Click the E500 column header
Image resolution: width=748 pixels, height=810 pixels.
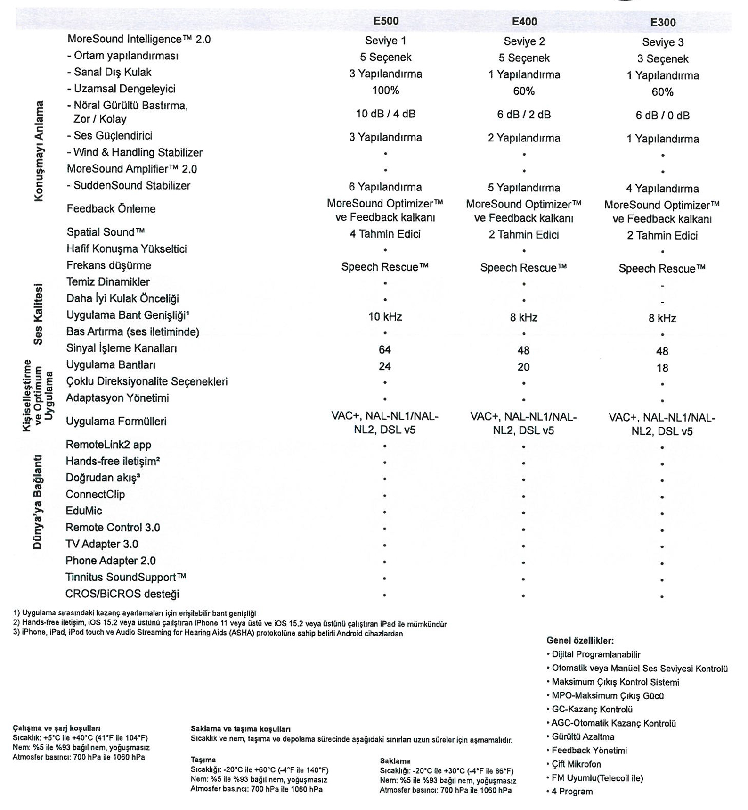coord(386,21)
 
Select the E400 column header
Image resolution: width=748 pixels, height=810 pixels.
coord(524,22)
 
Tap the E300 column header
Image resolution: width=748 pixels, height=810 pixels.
coord(663,23)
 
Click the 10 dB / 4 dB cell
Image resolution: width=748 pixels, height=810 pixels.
coord(385,114)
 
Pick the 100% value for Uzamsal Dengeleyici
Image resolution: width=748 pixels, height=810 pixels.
coord(385,90)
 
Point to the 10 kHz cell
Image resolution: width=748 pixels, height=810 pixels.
coord(385,316)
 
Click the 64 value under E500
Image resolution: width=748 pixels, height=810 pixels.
coord(385,349)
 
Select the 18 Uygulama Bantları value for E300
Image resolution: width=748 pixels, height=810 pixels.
coord(662,368)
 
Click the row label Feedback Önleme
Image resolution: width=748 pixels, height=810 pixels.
coord(111,208)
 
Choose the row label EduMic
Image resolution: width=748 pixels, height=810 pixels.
coord(84,511)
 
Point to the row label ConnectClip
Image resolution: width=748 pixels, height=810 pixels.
coord(95,494)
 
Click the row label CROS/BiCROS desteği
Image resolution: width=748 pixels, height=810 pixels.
coord(122,594)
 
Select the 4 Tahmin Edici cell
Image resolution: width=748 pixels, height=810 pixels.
coord(385,234)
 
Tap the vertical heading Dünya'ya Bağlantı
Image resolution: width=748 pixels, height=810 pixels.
coord(38,502)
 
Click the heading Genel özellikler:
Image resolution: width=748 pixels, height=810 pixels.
coord(580,640)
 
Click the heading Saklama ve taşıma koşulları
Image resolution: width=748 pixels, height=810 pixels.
coord(240,729)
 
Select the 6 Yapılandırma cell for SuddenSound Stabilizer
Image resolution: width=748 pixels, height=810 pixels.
coord(385,187)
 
